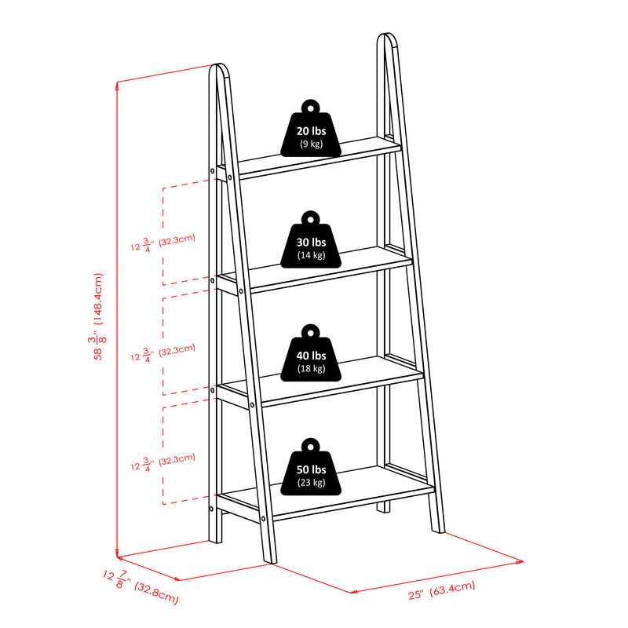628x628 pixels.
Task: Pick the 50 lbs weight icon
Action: pyautogui.click(x=311, y=471)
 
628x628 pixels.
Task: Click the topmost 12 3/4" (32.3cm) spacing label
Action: pyautogui.click(x=164, y=243)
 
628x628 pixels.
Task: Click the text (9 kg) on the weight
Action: pyautogui.click(x=311, y=144)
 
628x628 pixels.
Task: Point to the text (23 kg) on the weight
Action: pyautogui.click(x=311, y=482)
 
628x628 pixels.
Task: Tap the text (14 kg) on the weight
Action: pyautogui.click(x=311, y=255)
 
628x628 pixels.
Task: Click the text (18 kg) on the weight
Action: pyautogui.click(x=311, y=368)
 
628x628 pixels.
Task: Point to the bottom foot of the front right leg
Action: pyautogui.click(x=436, y=529)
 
